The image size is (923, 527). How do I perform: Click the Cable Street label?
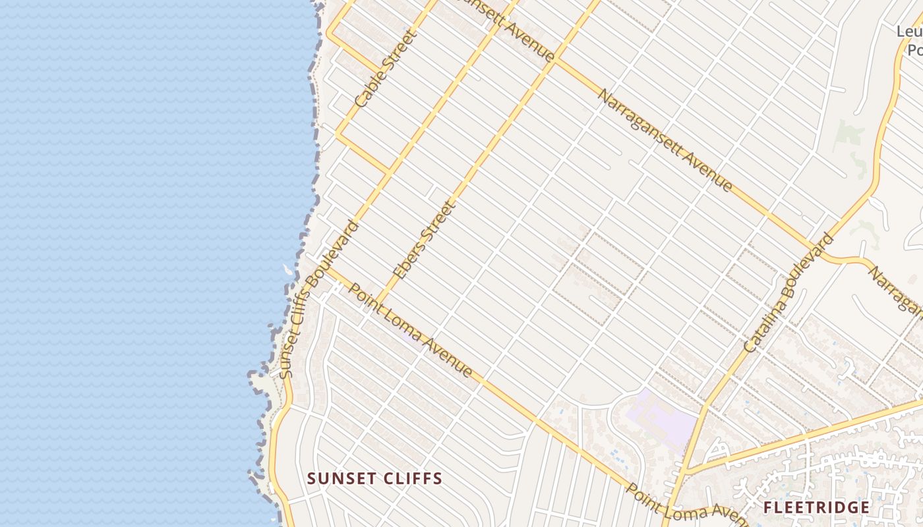(382, 69)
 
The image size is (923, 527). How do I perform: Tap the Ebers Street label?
(424, 240)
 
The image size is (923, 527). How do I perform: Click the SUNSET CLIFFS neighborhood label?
(374, 479)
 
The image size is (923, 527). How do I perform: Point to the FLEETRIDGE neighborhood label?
(816, 507)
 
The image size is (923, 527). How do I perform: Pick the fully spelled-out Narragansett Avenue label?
(665, 140)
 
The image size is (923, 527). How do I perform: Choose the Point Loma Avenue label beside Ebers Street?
(411, 331)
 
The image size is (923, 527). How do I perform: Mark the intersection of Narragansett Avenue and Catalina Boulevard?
(816, 249)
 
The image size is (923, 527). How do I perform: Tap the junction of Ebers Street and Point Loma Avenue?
(379, 304)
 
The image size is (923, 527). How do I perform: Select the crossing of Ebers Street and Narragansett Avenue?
(556, 61)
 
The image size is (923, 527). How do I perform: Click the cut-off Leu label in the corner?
(909, 32)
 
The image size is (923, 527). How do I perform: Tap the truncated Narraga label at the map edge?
(897, 290)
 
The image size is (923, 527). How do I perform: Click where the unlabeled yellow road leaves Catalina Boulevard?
(686, 472)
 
